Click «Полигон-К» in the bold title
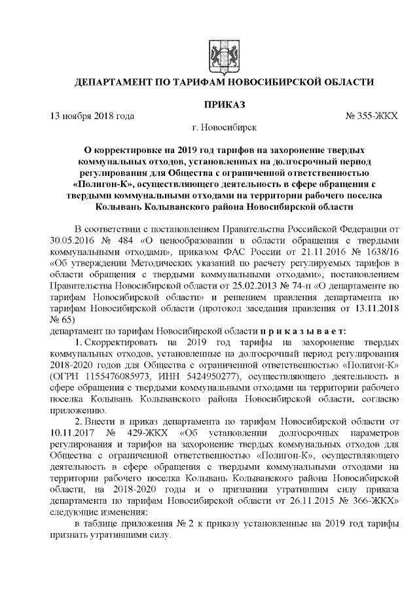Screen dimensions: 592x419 (98, 184)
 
